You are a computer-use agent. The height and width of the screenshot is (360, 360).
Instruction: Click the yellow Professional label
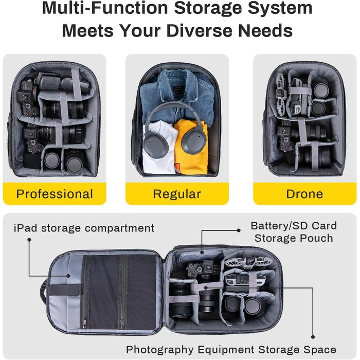pyautogui.click(x=55, y=193)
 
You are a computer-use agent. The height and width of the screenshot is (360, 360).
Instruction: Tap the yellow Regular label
pyautogui.click(x=177, y=193)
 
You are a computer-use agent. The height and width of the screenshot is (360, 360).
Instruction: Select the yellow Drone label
pyautogui.click(x=304, y=193)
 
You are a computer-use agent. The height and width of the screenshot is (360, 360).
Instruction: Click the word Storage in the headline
pyautogui.click(x=208, y=8)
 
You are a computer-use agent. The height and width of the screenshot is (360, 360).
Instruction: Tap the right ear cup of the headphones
pyautogui.click(x=193, y=139)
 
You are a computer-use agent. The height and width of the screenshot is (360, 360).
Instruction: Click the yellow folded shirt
pyautogui.click(x=191, y=147)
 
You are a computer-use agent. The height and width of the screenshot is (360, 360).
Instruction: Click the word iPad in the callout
pyautogui.click(x=25, y=228)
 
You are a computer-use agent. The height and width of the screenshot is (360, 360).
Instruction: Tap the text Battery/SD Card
pyautogui.click(x=294, y=226)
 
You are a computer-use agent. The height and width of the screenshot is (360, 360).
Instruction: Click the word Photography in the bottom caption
pyautogui.click(x=160, y=350)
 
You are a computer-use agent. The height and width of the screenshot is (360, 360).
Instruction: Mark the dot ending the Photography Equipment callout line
pyautogui.click(x=313, y=337)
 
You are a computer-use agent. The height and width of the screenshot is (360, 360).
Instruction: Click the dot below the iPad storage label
pyautogui.click(x=29, y=240)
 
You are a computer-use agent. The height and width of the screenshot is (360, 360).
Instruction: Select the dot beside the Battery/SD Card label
pyautogui.click(x=239, y=230)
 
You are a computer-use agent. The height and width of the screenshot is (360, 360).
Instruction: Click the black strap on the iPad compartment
pyautogui.click(x=65, y=290)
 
